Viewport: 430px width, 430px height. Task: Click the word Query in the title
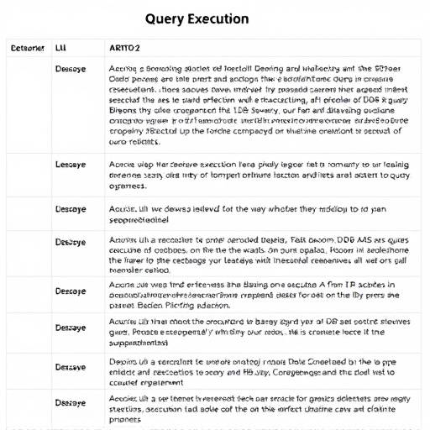[x=164, y=18]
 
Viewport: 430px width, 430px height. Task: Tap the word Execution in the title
[x=217, y=18]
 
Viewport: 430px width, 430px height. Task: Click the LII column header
[x=60, y=48]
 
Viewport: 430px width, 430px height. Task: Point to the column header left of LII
[x=26, y=48]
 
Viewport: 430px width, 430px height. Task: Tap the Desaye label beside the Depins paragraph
[x=70, y=368]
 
